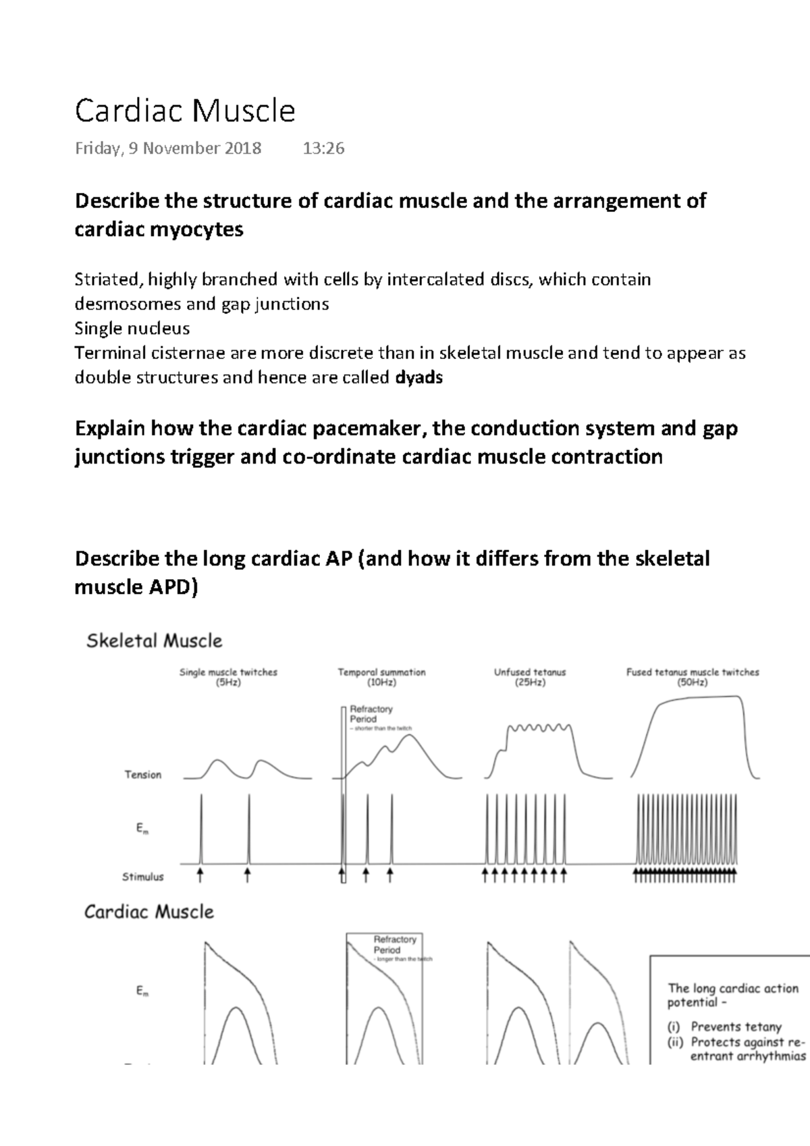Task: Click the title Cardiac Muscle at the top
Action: tap(185, 111)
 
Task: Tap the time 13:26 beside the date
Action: tap(323, 148)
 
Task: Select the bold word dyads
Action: tap(418, 377)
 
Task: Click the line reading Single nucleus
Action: tap(132, 329)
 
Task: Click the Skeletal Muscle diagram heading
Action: tap(154, 640)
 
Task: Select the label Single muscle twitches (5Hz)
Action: tap(228, 677)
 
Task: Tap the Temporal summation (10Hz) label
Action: tap(381, 677)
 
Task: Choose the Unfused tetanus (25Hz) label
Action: tap(530, 677)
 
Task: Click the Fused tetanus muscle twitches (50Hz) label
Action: tap(693, 677)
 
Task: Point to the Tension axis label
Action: tap(142, 775)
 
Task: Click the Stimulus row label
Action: tap(142, 877)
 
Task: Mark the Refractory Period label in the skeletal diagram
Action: tap(371, 714)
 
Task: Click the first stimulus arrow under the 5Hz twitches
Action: tap(200, 875)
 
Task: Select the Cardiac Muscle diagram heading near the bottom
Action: tap(148, 912)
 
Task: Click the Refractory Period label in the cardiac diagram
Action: tap(395, 944)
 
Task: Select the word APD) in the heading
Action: tap(173, 587)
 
